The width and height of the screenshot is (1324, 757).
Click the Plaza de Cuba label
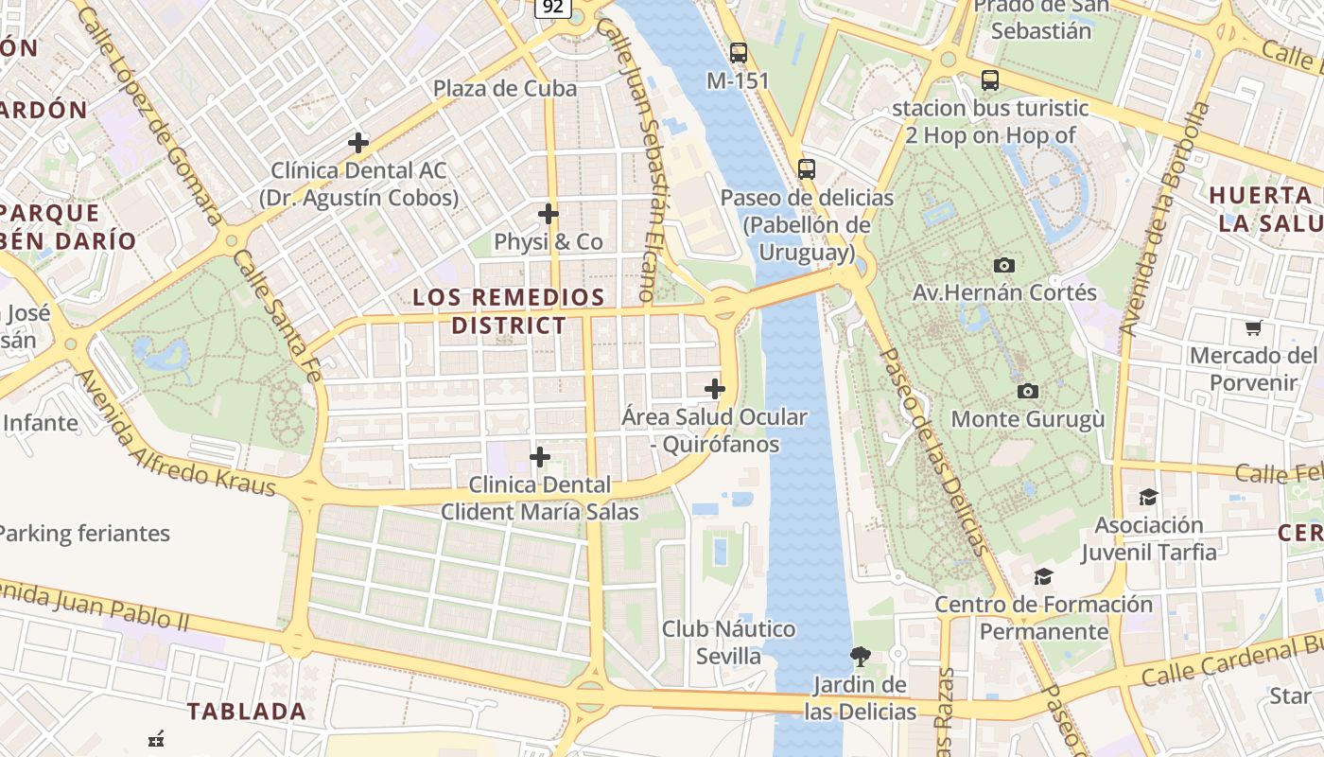(x=504, y=89)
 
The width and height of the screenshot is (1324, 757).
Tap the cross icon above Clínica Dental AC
(x=358, y=143)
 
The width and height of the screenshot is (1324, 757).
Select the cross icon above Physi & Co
(x=548, y=213)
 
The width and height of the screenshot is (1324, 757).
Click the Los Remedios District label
(x=509, y=311)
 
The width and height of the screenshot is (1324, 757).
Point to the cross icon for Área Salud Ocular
(x=715, y=388)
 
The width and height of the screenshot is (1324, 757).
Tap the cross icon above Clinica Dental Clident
(x=540, y=457)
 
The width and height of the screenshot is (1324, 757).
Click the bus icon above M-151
(x=739, y=53)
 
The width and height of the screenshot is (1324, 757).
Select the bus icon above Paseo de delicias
(x=807, y=169)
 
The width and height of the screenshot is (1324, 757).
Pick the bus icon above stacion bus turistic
(x=990, y=80)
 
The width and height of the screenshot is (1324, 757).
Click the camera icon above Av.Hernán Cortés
(x=1004, y=265)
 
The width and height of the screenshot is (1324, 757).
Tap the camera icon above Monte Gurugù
(x=1028, y=391)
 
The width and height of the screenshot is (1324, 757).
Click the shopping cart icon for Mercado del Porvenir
(x=1254, y=328)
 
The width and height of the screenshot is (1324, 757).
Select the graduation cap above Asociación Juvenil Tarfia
(x=1148, y=497)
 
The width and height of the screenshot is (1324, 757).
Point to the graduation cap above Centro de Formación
(x=1043, y=576)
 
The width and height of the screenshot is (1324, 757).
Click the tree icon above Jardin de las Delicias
(x=861, y=656)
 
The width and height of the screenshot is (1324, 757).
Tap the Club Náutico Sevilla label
(x=728, y=643)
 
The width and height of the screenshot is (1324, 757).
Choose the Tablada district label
(x=246, y=712)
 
